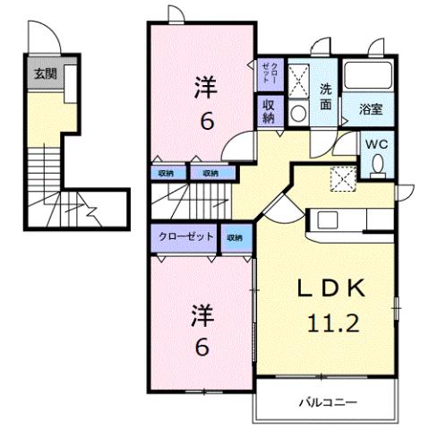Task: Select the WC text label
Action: (376, 143)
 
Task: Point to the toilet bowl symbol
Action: (377, 164)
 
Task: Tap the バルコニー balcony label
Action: (329, 403)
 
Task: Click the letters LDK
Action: (330, 288)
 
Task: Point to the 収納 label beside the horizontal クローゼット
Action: (235, 237)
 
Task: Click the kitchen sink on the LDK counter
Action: (327, 220)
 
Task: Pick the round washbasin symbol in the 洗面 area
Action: (298, 113)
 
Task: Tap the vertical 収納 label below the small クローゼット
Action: (269, 111)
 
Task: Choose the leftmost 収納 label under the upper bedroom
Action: (167, 173)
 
